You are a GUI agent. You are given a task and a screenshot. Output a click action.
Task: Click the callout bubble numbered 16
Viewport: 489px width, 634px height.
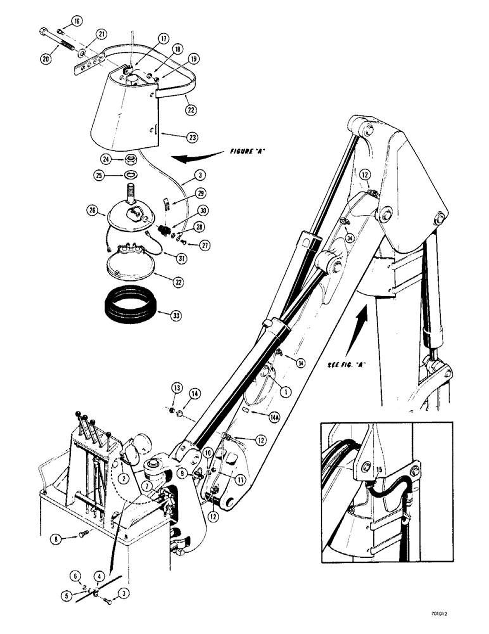click(77, 21)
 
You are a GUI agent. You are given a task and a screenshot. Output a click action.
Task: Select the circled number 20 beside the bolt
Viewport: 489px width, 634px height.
click(44, 58)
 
